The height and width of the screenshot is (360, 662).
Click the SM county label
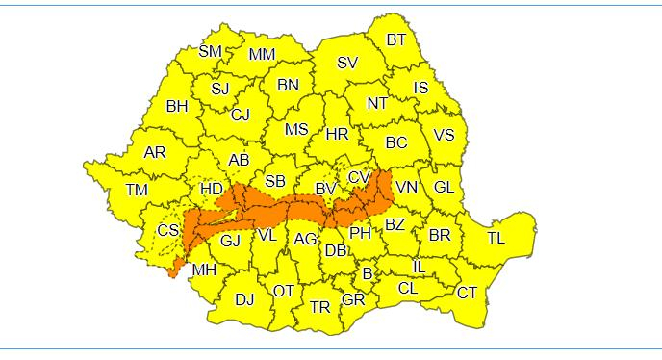[x=211, y=51]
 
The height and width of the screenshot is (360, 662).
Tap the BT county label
[x=396, y=39]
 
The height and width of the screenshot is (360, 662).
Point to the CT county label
[x=468, y=293]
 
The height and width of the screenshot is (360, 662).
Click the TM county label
[x=137, y=190]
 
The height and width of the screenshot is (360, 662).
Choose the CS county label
[x=168, y=230]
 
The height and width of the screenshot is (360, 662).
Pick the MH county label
[x=204, y=270]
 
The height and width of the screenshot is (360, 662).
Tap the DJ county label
[x=244, y=299]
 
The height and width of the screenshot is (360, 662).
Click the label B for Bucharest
[x=367, y=273]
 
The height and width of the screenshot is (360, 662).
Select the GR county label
[x=353, y=299]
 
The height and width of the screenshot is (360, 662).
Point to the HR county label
[x=337, y=135]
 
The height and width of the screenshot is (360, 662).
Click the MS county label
[x=297, y=129]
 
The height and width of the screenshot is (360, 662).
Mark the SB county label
[x=275, y=180]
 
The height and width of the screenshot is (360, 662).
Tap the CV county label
[x=359, y=177]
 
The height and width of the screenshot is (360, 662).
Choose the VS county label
[x=444, y=135]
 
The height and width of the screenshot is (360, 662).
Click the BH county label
[x=177, y=107]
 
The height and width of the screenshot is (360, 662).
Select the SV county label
[x=347, y=63]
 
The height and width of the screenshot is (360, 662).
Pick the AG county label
[x=305, y=239]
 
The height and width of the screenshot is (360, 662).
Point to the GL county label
[x=444, y=187]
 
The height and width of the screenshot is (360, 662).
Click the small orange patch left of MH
[x=173, y=270]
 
